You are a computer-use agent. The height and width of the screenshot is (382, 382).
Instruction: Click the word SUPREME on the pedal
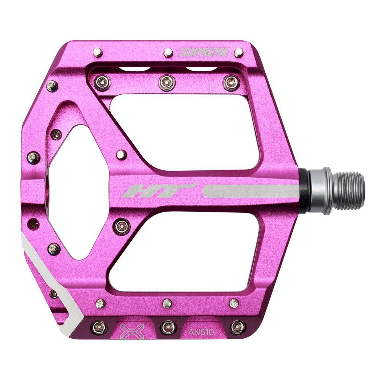[204, 52]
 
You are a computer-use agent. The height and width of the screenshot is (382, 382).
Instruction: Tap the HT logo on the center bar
[159, 190]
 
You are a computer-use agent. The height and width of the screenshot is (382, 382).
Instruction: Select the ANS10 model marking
[201, 332]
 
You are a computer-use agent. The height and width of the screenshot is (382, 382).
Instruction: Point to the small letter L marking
[211, 89]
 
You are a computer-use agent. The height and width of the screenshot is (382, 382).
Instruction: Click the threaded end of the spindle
[349, 191]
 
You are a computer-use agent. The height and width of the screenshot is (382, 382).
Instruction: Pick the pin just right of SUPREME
[239, 52]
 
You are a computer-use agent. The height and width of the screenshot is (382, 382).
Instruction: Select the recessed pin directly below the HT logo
[122, 225]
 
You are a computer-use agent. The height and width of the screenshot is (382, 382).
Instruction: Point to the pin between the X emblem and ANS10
[167, 327]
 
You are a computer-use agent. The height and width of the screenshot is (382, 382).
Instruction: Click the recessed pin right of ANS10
[237, 327]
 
